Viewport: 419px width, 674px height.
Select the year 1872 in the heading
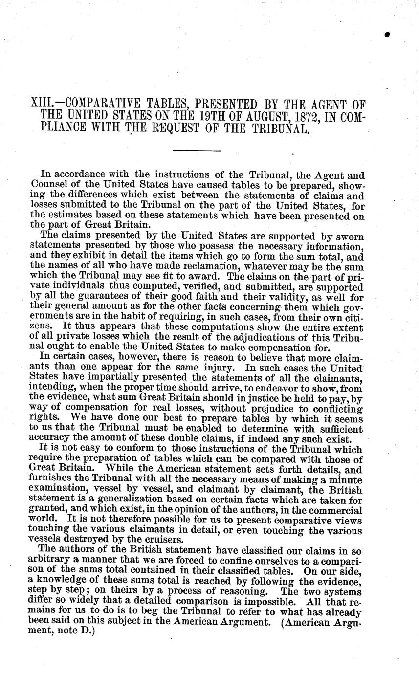point(287,117)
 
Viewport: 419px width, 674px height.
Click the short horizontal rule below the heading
point(198,150)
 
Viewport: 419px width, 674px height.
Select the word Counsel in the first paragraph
point(47,183)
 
